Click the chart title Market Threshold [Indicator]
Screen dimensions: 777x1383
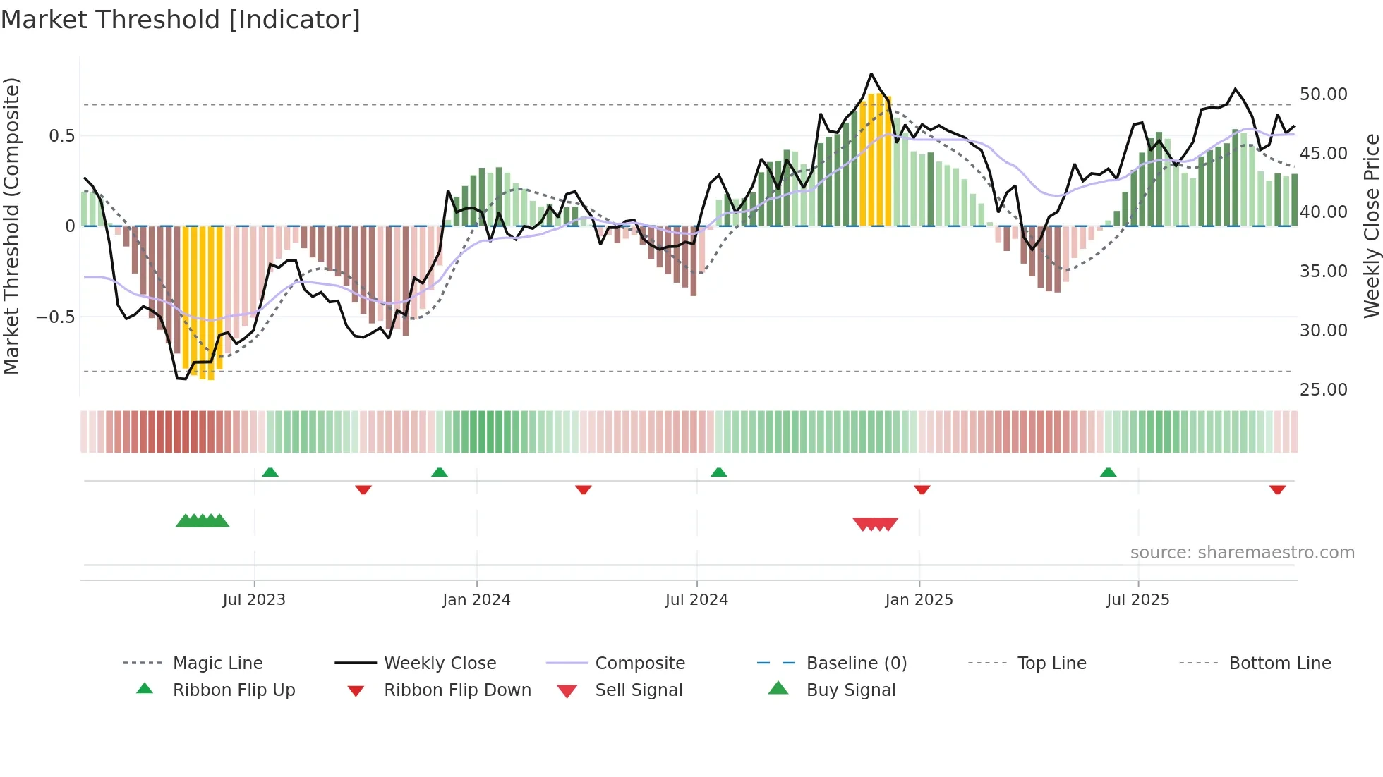[x=181, y=20]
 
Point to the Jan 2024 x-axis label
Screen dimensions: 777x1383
[x=476, y=600]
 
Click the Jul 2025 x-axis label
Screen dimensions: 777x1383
[x=1137, y=600]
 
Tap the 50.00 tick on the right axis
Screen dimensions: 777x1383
[x=1323, y=94]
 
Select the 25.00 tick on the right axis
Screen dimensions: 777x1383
[x=1323, y=390]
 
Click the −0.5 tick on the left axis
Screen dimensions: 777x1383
[x=56, y=317]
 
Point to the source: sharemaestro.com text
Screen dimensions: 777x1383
[x=1242, y=553]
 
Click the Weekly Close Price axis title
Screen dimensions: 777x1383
[x=1371, y=226]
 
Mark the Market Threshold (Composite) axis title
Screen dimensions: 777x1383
[x=11, y=226]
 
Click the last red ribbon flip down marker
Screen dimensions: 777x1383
[x=1277, y=490]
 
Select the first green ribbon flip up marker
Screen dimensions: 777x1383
[x=270, y=472]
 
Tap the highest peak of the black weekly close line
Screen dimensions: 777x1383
[x=871, y=74]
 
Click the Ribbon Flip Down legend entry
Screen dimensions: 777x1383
[x=457, y=690]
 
